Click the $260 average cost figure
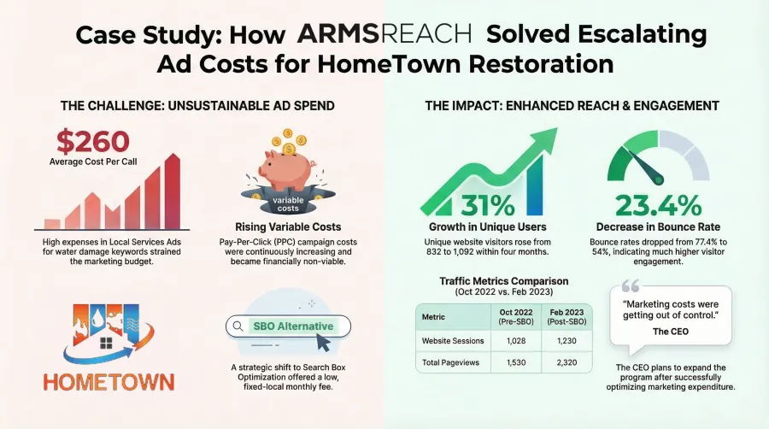tap(92, 141)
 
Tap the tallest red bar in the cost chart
tap(172, 191)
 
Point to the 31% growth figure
tap(488, 205)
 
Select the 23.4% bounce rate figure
tap(658, 205)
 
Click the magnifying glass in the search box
tap(238, 326)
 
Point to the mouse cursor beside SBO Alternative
tap(323, 342)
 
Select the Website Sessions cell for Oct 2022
tap(516, 341)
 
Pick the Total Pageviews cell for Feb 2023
tap(566, 363)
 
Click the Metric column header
tap(433, 317)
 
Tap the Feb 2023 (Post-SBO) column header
tap(566, 317)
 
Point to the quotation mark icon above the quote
tap(631, 285)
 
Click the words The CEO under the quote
tap(671, 332)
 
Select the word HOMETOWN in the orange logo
tap(109, 382)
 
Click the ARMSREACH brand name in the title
tap(384, 34)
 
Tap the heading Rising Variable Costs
tap(288, 227)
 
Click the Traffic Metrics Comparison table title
tap(503, 281)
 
